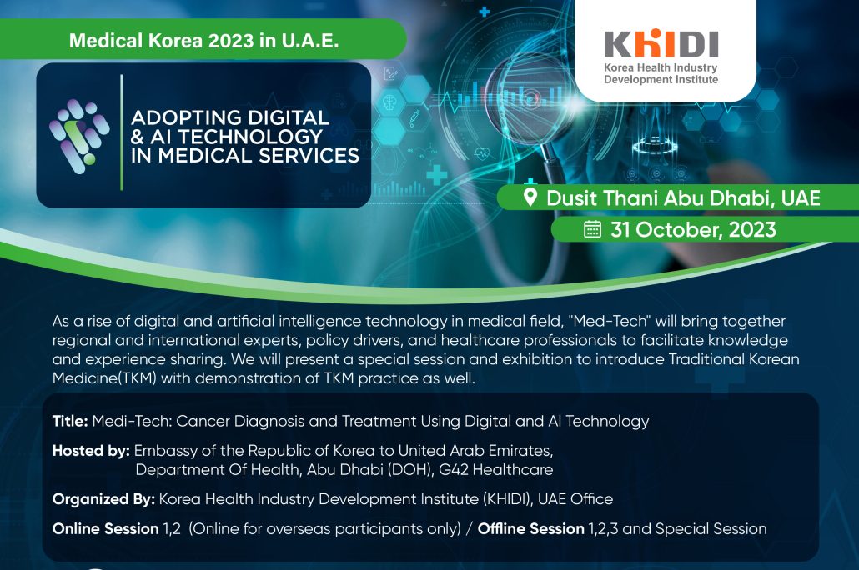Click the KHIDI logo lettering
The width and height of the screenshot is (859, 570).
[661, 44]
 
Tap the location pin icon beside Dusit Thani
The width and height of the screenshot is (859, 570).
[530, 197]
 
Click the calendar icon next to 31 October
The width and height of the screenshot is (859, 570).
[592, 229]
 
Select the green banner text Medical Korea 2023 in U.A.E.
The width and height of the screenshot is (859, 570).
[203, 41]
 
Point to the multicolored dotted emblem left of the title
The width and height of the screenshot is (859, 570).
[79, 136]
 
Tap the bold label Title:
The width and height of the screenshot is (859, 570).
[70, 421]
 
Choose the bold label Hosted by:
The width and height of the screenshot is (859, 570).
[91, 451]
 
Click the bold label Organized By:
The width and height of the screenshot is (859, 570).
[103, 499]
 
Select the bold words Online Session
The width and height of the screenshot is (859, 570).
[106, 529]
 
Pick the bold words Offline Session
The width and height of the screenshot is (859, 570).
[531, 529]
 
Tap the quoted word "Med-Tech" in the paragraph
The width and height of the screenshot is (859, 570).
[609, 321]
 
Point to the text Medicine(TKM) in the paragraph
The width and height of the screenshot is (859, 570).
[104, 378]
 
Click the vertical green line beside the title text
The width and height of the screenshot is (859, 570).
[121, 132]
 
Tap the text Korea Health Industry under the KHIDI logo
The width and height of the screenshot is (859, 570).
[661, 67]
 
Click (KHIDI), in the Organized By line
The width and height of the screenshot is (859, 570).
[507, 499]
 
